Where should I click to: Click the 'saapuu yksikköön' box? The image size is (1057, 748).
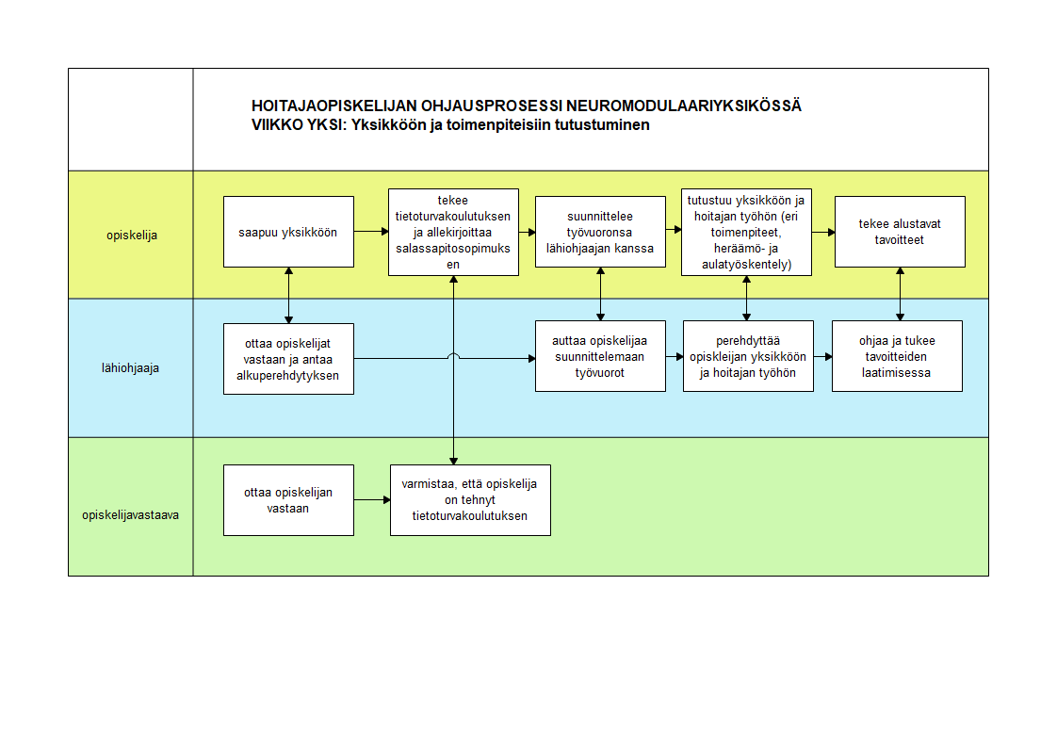pos(288,232)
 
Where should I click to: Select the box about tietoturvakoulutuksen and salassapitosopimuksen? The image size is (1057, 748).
pos(454,232)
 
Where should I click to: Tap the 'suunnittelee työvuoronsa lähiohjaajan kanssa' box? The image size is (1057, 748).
pos(601,232)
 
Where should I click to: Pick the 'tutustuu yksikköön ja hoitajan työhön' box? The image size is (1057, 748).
pos(746,232)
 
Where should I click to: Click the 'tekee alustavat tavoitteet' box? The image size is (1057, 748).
pos(900,232)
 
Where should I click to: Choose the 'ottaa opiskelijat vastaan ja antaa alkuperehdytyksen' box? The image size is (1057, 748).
pos(288,359)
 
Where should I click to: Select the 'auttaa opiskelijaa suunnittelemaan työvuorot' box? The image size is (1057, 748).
pos(601,356)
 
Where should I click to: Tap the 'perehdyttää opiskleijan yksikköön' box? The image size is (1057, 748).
pos(748,356)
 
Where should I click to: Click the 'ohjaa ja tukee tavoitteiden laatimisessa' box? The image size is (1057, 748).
pos(897,356)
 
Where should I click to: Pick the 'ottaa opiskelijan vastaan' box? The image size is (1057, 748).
pos(288,500)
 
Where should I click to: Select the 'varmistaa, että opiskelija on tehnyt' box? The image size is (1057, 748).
pos(470,500)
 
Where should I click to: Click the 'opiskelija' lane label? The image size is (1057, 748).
pos(132,236)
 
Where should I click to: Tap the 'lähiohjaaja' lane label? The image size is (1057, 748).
pos(131,368)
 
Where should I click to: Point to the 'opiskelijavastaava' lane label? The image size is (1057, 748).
pos(131,515)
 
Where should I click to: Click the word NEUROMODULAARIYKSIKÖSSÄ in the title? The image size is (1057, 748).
pos(684,106)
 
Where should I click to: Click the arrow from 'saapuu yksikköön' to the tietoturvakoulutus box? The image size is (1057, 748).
pos(371,232)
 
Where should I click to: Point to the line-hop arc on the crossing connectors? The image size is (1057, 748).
pos(454,356)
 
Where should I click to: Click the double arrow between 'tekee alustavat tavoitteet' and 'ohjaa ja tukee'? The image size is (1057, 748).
pos(900,294)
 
